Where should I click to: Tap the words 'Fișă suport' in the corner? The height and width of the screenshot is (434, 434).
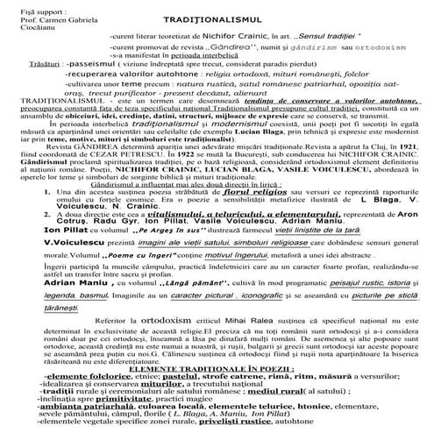(x=27, y=8)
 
